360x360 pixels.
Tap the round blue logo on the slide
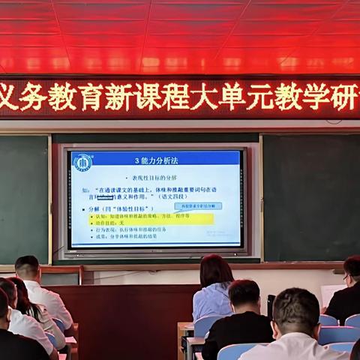pyautogui.click(x=82, y=162)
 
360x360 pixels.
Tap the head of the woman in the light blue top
pyautogui.click(x=216, y=270)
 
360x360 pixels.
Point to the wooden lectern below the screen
pyautogui.click(x=120, y=315)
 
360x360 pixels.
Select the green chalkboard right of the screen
pyautogui.click(x=311, y=195)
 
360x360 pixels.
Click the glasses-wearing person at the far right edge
pyautogui.click(x=352, y=270)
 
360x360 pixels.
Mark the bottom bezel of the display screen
pyautogui.click(x=156, y=252)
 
